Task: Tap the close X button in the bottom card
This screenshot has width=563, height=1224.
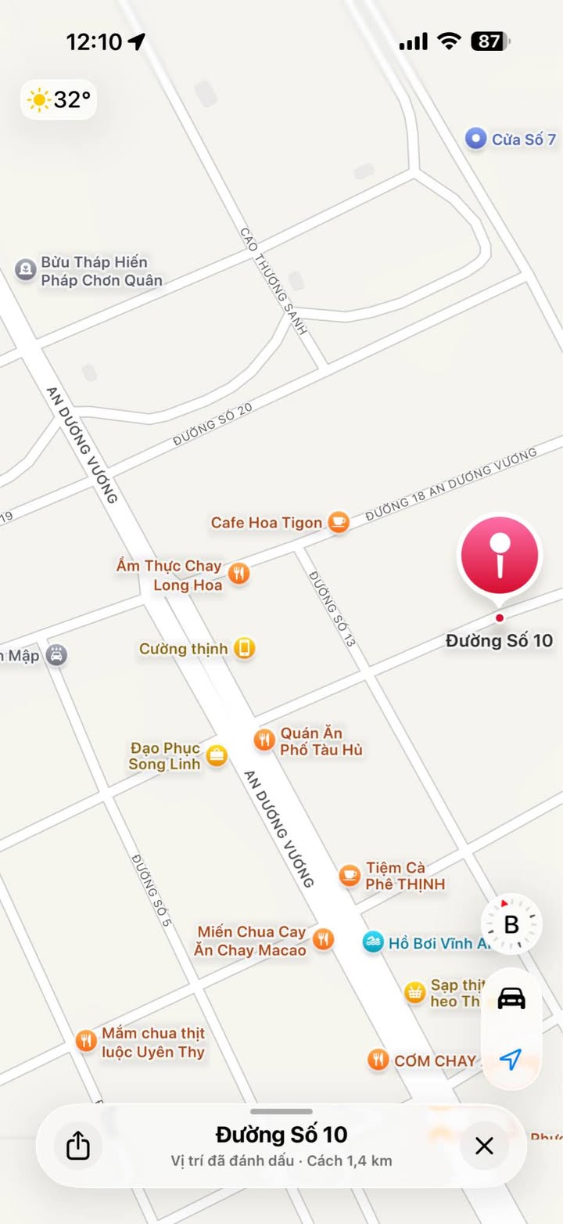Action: (485, 1147)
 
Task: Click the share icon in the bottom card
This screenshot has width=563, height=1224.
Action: (77, 1147)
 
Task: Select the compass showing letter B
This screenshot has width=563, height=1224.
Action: (511, 925)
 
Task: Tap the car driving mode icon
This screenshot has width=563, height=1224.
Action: (511, 999)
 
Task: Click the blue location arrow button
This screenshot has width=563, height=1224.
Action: (511, 1060)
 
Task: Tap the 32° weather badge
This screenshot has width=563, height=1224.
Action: (59, 100)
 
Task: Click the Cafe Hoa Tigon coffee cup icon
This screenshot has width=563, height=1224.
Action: (339, 522)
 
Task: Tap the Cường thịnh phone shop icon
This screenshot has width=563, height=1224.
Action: (245, 649)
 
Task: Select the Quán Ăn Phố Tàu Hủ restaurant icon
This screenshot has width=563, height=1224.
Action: (265, 740)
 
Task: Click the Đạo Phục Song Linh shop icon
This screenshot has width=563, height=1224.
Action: (217, 755)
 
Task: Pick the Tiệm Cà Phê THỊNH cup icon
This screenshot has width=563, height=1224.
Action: (350, 876)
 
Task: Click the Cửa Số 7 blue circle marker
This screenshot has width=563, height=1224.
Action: (475, 139)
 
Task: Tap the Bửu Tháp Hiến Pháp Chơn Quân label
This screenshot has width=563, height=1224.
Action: (102, 271)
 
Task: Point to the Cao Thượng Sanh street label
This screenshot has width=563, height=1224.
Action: (273, 281)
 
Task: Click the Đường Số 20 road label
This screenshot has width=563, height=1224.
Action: (213, 427)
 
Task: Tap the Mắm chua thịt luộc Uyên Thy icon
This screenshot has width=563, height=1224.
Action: (86, 1042)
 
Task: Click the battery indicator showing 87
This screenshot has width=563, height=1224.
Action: (490, 41)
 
